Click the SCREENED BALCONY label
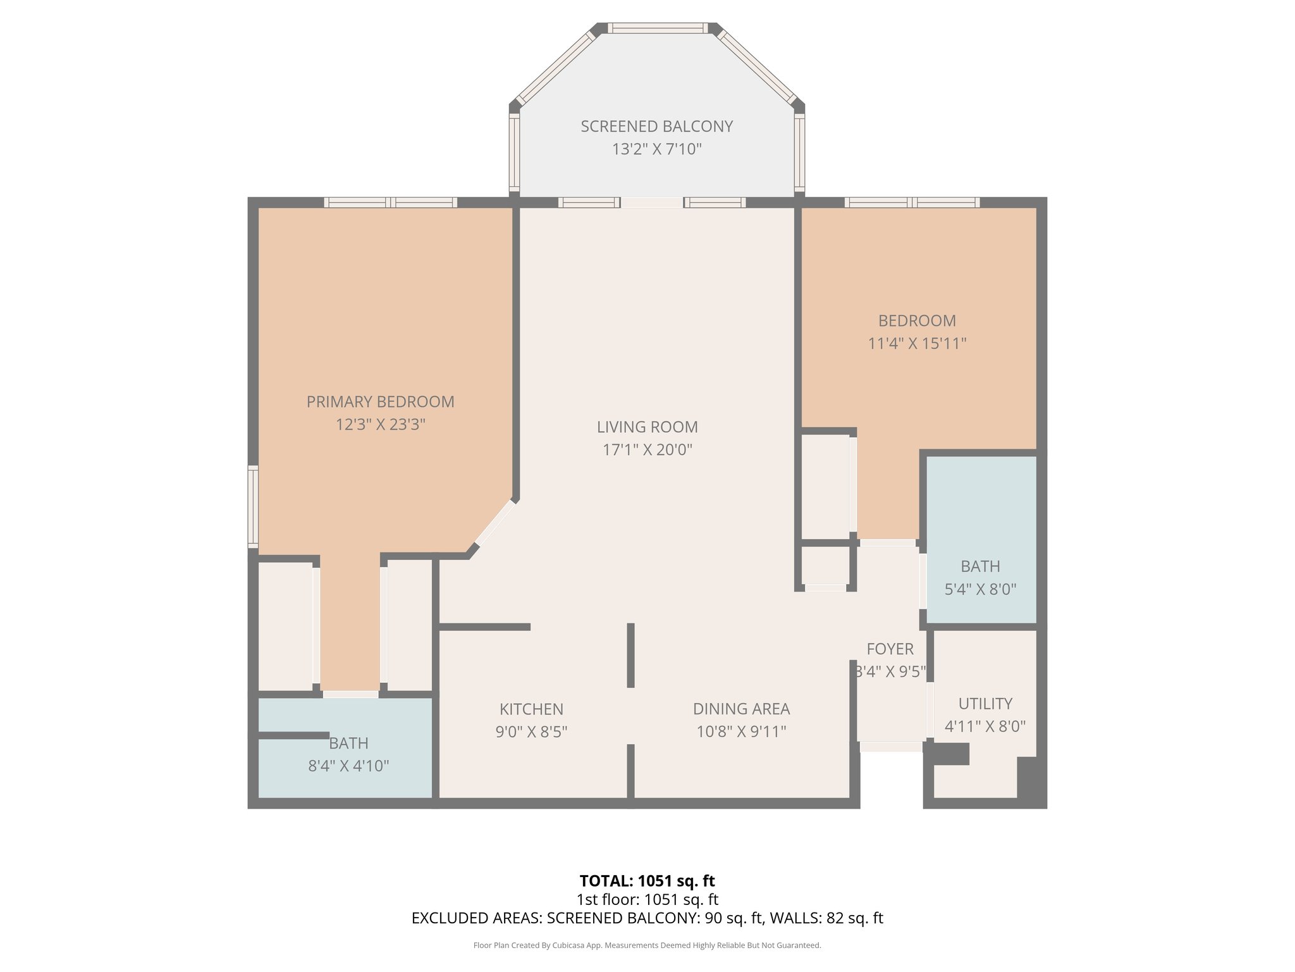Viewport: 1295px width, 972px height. point(656,127)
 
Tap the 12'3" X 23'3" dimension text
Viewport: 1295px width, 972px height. point(380,425)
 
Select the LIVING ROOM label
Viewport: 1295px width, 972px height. point(647,427)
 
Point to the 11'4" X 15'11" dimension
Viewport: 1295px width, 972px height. point(917,344)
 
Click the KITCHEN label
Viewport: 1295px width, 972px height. point(531,709)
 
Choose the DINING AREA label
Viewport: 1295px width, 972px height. point(741,709)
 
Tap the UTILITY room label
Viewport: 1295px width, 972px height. point(985,704)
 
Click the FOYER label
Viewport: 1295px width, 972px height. point(890,649)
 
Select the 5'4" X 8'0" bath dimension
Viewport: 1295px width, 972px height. point(980,590)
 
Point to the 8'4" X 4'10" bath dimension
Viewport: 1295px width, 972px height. point(348,766)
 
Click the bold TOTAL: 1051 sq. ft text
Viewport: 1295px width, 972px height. point(647,881)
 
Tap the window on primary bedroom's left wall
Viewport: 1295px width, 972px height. point(253,506)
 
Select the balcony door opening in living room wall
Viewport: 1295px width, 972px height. point(651,202)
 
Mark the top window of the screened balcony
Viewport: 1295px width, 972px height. point(658,28)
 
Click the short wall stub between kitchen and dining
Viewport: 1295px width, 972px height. point(630,655)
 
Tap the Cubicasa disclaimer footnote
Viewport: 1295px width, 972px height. point(647,945)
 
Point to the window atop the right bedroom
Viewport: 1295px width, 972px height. point(912,202)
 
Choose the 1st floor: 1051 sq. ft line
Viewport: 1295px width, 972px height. point(647,899)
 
